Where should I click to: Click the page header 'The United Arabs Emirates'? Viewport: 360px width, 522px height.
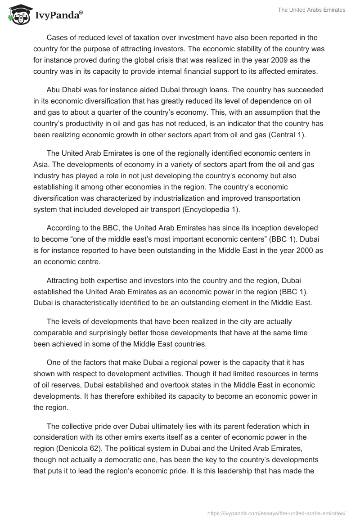[311, 9]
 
